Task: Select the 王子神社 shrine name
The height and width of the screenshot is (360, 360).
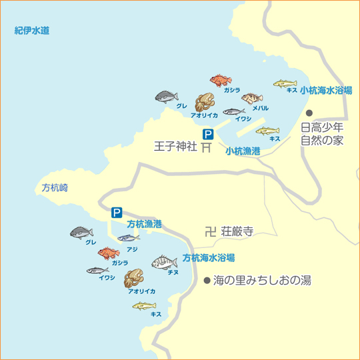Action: (x=175, y=146)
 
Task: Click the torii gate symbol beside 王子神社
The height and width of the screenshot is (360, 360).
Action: (x=207, y=146)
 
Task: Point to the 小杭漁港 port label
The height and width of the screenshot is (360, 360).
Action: (x=242, y=151)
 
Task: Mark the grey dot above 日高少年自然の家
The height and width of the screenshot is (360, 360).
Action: (x=309, y=113)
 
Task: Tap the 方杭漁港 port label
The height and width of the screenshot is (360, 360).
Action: (x=144, y=224)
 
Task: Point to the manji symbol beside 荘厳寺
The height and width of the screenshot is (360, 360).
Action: (x=211, y=232)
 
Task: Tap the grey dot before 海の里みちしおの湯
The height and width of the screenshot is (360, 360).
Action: (x=207, y=281)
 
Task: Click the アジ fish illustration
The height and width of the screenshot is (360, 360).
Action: (x=129, y=238)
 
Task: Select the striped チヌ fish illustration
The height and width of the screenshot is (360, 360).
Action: (x=164, y=261)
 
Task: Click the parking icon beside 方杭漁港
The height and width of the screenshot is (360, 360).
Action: (x=117, y=213)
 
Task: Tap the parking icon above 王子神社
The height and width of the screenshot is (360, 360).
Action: (x=208, y=133)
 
